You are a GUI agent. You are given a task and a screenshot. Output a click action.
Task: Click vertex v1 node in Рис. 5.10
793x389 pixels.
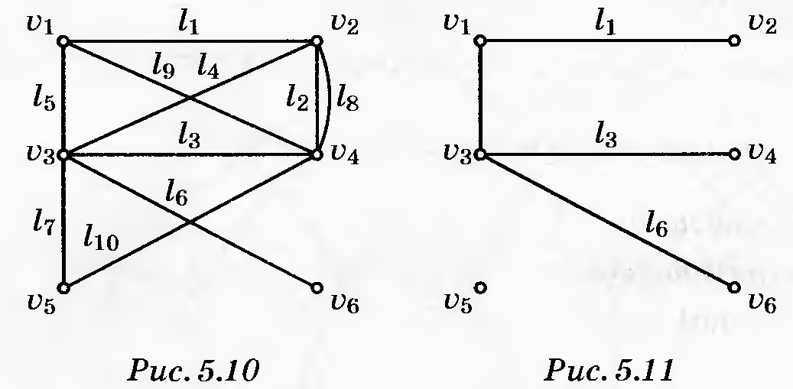tap(63, 41)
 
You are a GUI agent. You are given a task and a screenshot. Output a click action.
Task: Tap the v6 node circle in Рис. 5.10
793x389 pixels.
tap(317, 288)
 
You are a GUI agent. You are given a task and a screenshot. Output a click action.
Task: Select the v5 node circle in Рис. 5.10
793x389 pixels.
tap(63, 288)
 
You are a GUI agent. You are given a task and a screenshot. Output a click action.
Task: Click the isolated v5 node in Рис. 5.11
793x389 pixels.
tap(480, 288)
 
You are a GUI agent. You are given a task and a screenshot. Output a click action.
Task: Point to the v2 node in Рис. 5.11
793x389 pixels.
tap(734, 41)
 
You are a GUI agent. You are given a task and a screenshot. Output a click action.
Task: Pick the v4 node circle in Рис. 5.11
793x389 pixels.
tap(734, 154)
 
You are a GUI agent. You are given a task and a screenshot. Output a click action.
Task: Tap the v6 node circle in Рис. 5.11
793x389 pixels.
tap(734, 288)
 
